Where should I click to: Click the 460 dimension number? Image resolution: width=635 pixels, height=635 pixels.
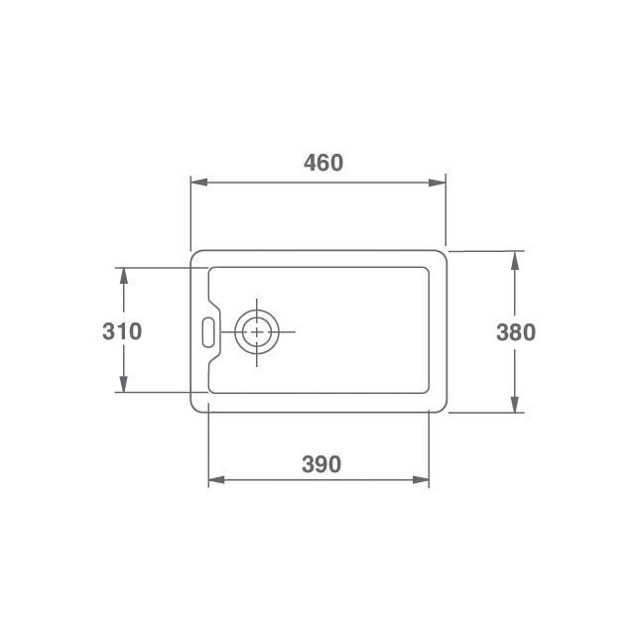point(323,163)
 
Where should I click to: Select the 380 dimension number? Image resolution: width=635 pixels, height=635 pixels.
point(516,332)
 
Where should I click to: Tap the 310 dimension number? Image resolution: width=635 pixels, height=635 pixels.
point(122,331)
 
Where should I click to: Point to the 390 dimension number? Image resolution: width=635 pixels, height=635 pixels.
point(321,464)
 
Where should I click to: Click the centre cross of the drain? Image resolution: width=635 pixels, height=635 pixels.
point(257,332)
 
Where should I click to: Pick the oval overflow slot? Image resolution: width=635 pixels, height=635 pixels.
point(208,332)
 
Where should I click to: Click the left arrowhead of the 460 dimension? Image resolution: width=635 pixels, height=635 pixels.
point(199,183)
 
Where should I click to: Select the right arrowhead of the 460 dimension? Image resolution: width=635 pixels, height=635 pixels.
point(437,183)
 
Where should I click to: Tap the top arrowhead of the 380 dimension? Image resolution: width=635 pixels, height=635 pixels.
point(515,260)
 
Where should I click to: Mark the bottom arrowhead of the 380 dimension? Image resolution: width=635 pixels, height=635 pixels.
point(515,404)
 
